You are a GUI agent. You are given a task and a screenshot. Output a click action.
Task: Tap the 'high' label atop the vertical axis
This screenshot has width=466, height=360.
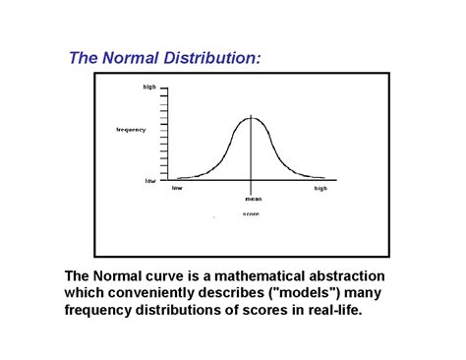(149, 88)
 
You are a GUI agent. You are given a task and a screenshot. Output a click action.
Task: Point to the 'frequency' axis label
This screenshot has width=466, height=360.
(131, 129)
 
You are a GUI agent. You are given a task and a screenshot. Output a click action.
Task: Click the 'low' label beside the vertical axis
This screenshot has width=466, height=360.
(150, 180)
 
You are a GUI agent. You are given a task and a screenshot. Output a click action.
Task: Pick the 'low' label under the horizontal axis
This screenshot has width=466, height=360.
(177, 188)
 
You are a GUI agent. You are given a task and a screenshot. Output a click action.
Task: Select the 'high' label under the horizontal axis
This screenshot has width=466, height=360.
(320, 188)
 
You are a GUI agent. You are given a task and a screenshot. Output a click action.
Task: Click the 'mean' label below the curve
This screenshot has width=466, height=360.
(254, 199)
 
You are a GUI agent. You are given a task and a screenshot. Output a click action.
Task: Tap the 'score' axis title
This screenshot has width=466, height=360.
(252, 213)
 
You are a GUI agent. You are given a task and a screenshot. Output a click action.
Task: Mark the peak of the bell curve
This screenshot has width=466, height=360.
(252, 117)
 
